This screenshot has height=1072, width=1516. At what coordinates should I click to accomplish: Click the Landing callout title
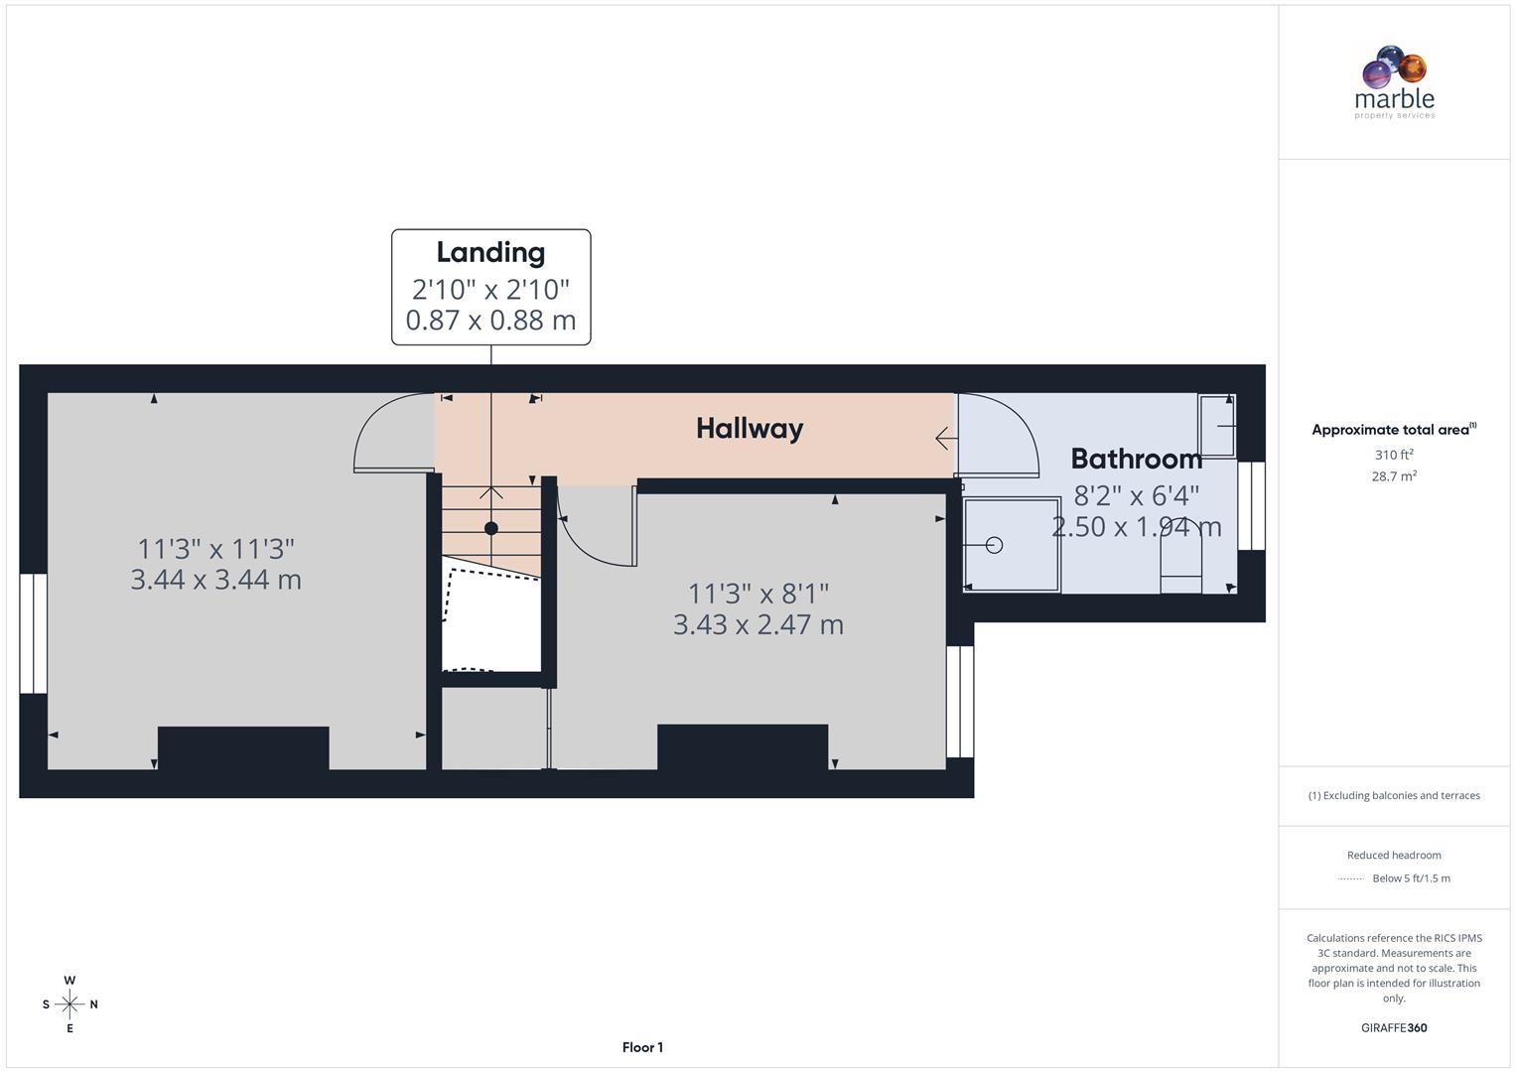tap(490, 253)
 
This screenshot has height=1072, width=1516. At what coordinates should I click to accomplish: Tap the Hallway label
tap(749, 429)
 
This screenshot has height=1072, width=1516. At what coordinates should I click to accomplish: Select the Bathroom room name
tap(1136, 459)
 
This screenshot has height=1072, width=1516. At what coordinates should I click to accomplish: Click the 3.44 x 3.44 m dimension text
tap(215, 580)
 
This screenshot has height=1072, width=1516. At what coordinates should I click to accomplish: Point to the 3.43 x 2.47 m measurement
tap(758, 624)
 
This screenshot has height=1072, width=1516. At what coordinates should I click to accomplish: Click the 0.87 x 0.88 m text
tap(490, 321)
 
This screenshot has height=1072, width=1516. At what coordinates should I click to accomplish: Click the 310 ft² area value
tap(1393, 455)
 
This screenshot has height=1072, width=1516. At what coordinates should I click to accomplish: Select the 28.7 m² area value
tap(1393, 476)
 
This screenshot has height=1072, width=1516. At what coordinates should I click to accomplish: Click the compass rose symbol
tap(69, 1005)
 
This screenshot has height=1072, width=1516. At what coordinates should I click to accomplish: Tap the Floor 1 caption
tap(642, 1047)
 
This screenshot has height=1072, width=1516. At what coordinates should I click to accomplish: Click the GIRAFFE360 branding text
tap(1393, 1028)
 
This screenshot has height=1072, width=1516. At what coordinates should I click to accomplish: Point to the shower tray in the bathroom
tap(1012, 544)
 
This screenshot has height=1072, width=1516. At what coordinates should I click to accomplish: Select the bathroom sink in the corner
tap(1216, 425)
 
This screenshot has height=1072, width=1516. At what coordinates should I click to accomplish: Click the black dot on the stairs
tap(490, 528)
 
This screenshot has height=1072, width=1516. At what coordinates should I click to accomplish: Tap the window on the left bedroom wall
tap(34, 632)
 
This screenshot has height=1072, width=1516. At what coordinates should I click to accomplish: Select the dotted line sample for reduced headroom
tap(1351, 878)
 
